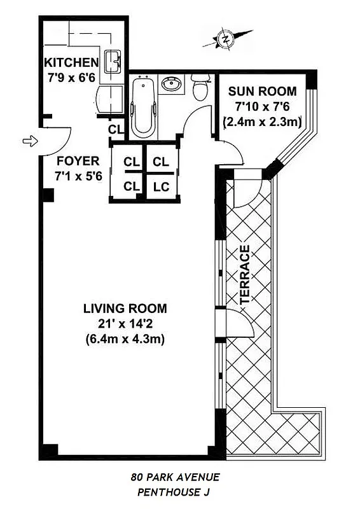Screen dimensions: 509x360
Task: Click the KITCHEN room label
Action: tap(71, 62)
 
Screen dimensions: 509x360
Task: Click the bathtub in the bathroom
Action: tap(142, 106)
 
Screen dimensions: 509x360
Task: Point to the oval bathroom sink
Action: tap(171, 83)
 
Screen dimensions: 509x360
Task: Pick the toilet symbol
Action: tap(200, 87)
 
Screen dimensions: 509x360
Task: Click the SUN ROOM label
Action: tap(261, 90)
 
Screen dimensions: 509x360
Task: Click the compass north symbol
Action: tap(225, 39)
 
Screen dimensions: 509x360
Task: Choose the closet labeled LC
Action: tap(161, 186)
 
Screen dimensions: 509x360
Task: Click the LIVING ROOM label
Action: tap(125, 309)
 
